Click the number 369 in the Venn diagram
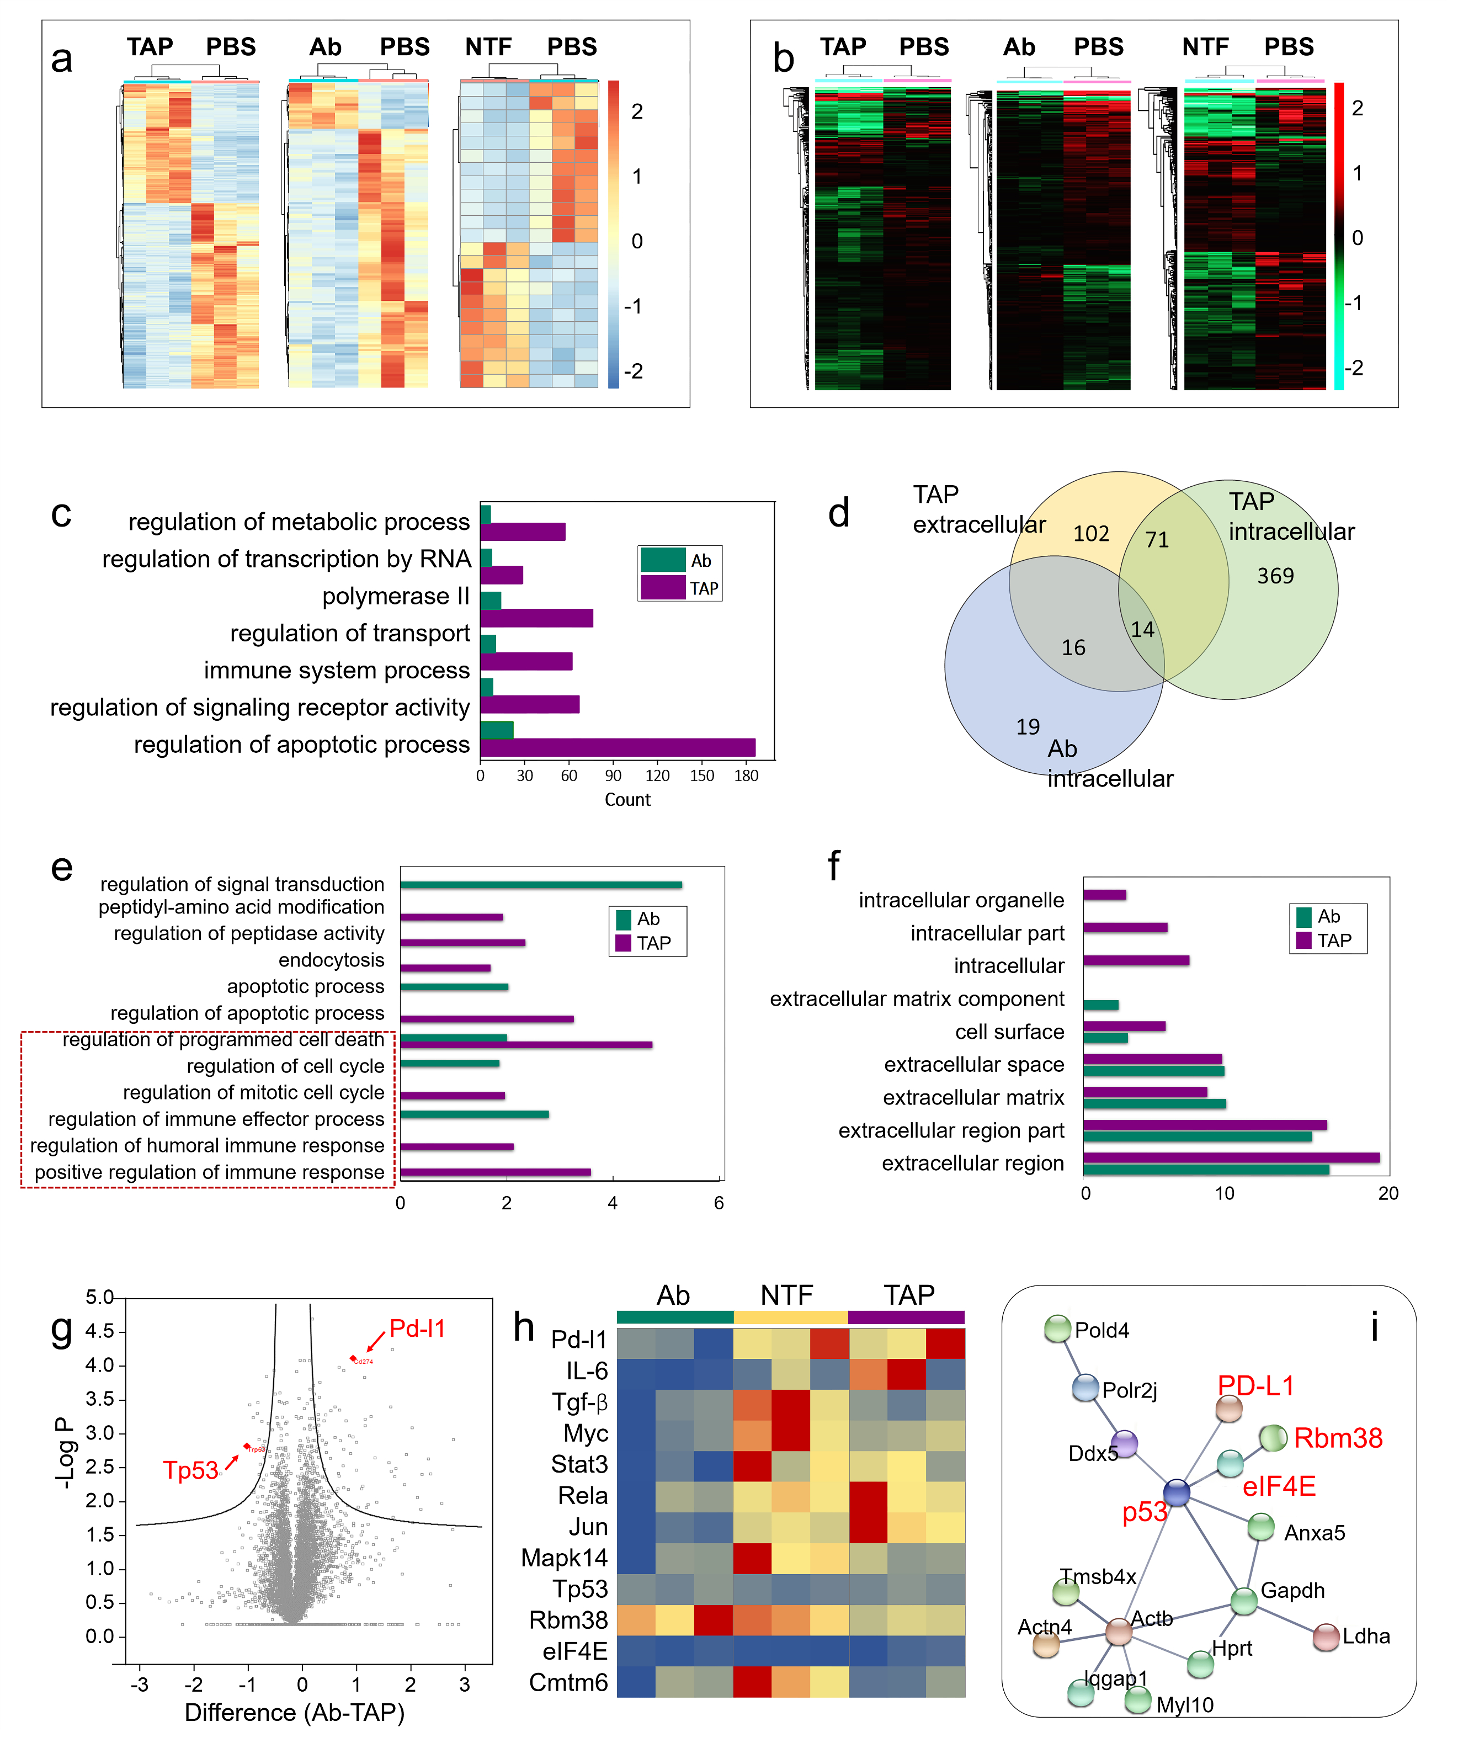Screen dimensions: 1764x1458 [x=1275, y=576]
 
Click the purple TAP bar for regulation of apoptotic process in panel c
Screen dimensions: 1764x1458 [x=618, y=747]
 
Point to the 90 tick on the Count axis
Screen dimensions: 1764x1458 [x=613, y=775]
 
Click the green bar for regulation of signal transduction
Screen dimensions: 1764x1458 [x=541, y=885]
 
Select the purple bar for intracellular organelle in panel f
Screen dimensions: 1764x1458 [x=1104, y=895]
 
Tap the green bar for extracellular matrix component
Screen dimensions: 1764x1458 [x=1100, y=1005]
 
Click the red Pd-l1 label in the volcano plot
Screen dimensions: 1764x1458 [x=417, y=1328]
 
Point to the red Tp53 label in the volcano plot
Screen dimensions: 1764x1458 [x=190, y=1470]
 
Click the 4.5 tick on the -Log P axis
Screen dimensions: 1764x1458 [x=99, y=1331]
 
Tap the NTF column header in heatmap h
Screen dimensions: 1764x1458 [x=787, y=1294]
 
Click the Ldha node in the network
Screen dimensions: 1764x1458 [x=1326, y=1637]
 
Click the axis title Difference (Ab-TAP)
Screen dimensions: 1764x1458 [x=295, y=1712]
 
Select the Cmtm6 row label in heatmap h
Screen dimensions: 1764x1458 [x=568, y=1682]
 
